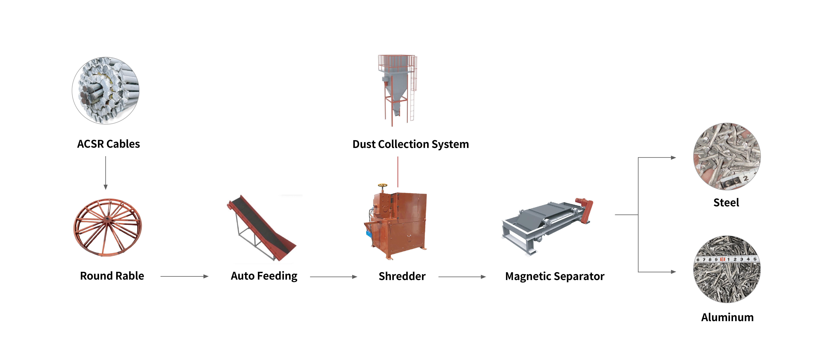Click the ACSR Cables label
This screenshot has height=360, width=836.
(x=108, y=144)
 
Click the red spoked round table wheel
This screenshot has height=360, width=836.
(x=107, y=227)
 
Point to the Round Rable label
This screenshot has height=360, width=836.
(x=112, y=276)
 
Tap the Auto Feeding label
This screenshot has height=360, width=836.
(x=264, y=276)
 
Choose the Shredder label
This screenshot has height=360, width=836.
(x=402, y=276)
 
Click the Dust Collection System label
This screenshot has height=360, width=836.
(x=411, y=144)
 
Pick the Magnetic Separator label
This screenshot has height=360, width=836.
(x=555, y=276)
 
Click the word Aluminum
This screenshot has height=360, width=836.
(x=727, y=317)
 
